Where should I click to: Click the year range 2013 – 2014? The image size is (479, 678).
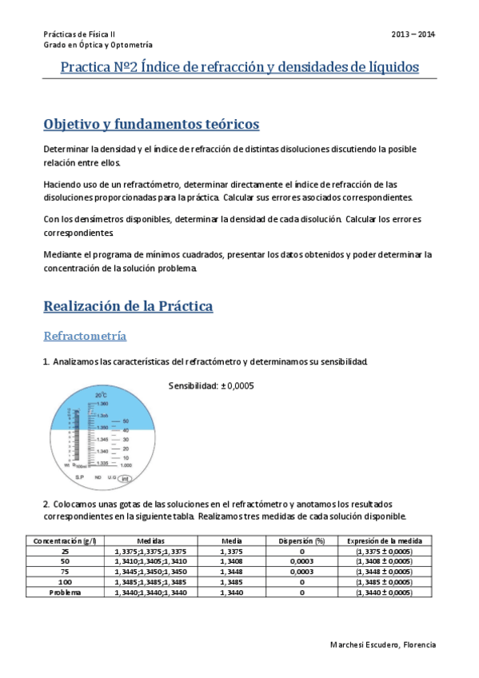tap(413, 34)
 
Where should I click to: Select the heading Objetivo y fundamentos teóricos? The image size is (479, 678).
tap(151, 125)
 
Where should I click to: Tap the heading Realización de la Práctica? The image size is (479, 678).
tap(127, 305)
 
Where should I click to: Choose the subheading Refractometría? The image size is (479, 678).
tap(85, 335)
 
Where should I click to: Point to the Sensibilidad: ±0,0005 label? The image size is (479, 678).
tap(211, 385)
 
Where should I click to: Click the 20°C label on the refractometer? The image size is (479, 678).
tap(101, 396)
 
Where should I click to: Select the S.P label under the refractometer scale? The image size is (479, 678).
tap(80, 477)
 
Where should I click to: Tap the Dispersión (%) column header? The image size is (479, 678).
tap(301, 541)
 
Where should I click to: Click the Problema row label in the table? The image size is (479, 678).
tap(64, 592)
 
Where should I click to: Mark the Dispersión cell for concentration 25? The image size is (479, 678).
tap(301, 552)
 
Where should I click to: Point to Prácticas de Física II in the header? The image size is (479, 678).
tap(79, 34)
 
